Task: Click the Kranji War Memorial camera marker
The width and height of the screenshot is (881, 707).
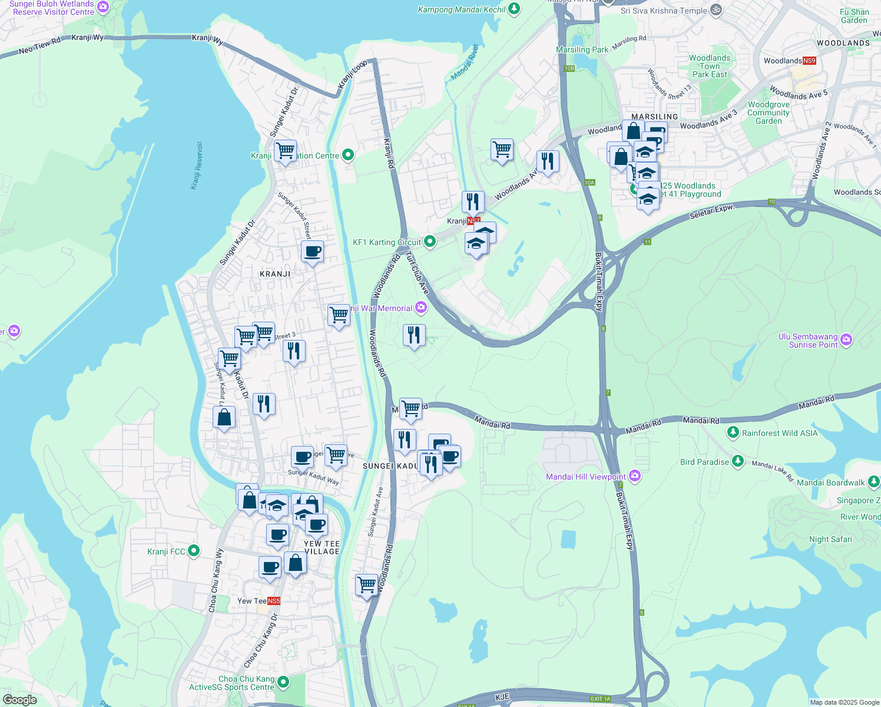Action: [x=420, y=308]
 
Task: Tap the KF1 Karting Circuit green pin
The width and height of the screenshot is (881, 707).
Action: [x=430, y=241]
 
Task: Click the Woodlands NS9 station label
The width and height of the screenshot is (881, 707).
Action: [x=790, y=61]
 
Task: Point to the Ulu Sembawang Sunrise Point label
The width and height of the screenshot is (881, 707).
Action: [x=807, y=341]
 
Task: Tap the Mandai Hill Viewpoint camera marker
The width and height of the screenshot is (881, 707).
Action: [x=634, y=476]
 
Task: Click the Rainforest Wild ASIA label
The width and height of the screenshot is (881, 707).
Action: [x=780, y=433]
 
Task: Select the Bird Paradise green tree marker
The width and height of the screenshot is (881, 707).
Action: [x=737, y=461]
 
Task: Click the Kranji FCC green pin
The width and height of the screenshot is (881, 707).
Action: [x=194, y=551]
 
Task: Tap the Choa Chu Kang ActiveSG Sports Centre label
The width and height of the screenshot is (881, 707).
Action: [x=231, y=683]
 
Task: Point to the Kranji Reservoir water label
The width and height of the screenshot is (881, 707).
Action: [x=196, y=166]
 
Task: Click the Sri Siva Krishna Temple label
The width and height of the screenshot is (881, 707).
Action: [x=664, y=11]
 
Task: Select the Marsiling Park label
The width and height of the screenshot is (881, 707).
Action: [x=582, y=50]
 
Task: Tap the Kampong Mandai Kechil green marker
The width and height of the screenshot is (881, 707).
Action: [x=514, y=9]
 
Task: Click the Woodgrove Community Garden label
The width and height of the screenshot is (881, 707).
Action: [x=769, y=113]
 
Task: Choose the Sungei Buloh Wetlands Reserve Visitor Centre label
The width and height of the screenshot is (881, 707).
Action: [x=53, y=8]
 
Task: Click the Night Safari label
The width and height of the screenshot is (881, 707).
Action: [x=830, y=539]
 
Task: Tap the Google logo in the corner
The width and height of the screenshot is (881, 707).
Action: [x=19, y=699]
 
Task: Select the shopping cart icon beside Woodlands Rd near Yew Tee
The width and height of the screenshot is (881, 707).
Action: [x=366, y=585]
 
